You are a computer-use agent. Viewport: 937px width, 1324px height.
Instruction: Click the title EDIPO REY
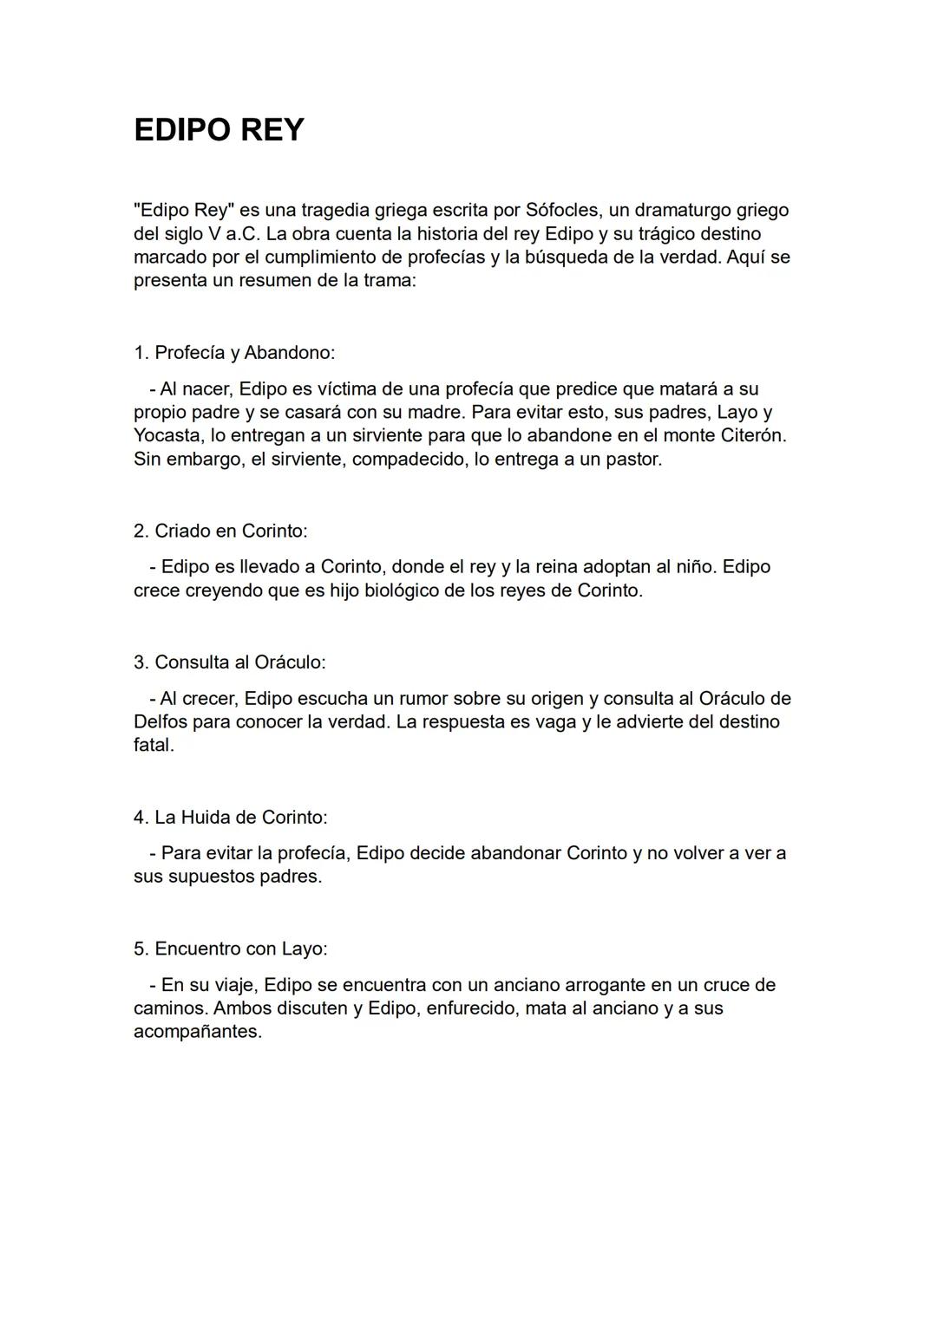219,130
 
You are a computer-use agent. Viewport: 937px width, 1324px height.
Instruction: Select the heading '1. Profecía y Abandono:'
234,353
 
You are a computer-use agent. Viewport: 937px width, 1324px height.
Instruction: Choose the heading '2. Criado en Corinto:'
220,531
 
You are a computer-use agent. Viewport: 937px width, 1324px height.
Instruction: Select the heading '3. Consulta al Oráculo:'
230,662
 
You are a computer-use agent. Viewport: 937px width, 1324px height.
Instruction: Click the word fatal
154,746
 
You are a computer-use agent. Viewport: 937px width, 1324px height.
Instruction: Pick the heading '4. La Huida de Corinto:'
231,818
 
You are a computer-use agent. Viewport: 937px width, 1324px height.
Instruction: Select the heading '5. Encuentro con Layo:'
231,949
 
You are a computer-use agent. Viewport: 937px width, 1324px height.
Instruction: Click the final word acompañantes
197,1033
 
